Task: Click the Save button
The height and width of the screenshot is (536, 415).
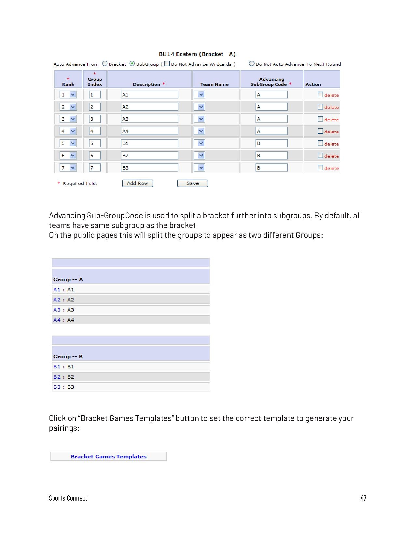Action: click(x=192, y=184)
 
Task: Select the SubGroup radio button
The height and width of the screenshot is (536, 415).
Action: click(x=132, y=64)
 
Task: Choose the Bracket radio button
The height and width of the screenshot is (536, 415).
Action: click(x=105, y=64)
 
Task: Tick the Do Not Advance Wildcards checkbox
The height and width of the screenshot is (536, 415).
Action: click(x=167, y=64)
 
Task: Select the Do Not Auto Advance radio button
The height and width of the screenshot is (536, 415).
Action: click(x=251, y=64)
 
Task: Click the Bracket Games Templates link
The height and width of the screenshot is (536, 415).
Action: click(x=108, y=456)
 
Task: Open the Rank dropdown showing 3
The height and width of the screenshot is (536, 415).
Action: click(x=68, y=119)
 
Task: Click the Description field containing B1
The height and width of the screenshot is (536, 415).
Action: click(x=149, y=143)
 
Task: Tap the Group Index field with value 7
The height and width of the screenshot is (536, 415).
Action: click(x=95, y=168)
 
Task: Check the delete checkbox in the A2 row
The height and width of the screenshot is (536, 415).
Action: click(x=320, y=107)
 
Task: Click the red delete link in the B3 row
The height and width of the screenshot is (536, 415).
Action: click(x=331, y=168)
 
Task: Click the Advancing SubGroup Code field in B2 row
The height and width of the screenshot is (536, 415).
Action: click(x=271, y=156)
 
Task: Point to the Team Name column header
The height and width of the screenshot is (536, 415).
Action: click(x=214, y=84)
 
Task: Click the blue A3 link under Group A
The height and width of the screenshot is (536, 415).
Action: click(x=57, y=310)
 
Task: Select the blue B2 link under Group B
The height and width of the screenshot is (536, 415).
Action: click(x=57, y=377)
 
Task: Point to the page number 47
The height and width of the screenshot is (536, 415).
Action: click(x=363, y=498)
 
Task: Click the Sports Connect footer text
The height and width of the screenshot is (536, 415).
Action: click(x=68, y=498)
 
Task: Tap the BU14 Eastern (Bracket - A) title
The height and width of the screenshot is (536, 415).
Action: click(x=197, y=54)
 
